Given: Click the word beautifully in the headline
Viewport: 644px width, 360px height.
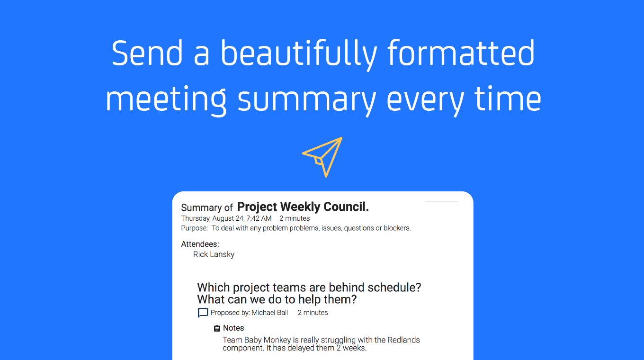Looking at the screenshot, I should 299,54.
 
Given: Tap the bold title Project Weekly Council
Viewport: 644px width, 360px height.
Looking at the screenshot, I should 303,207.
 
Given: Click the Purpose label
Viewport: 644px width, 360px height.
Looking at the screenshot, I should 194,228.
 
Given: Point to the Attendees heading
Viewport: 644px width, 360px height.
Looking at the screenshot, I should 200,244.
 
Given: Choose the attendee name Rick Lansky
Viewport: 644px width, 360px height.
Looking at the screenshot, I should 214,254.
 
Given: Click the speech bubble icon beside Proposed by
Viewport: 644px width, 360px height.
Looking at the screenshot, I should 203,313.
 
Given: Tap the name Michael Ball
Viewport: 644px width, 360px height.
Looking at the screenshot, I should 270,313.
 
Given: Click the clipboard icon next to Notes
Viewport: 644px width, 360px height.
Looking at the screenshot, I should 217,328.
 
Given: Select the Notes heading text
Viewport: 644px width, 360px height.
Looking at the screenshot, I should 233,328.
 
